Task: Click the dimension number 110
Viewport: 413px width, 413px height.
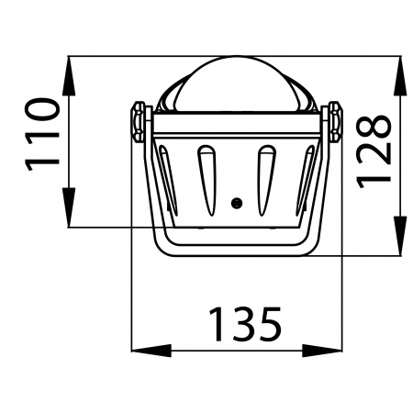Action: tap(42, 134)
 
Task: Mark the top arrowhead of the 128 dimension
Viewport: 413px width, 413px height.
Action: tap(402, 73)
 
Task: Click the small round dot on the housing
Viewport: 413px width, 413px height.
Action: tap(236, 202)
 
